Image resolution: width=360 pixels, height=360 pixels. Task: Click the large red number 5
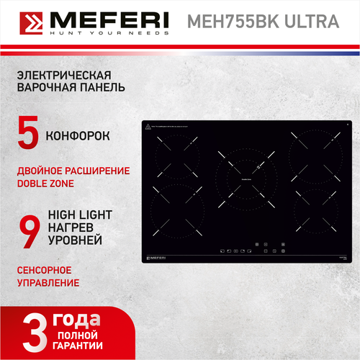[x=27, y=135]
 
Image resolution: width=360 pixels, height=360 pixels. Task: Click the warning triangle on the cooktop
[x=146, y=127]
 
